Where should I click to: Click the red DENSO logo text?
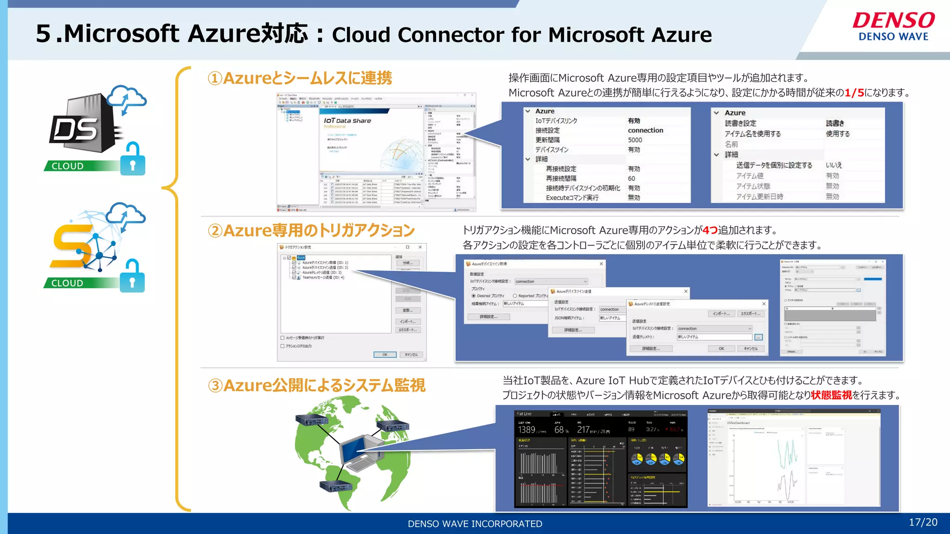[893, 20]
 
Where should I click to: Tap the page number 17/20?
[923, 522]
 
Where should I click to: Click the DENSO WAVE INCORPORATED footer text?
[475, 524]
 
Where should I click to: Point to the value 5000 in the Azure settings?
[635, 140]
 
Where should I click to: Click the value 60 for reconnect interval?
[631, 178]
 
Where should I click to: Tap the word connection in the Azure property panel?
[645, 130]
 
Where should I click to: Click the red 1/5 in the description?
[854, 93]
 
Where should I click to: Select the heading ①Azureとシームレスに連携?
[300, 78]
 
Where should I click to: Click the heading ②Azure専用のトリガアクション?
[311, 230]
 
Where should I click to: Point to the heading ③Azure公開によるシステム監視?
[316, 385]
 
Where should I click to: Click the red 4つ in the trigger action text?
[710, 230]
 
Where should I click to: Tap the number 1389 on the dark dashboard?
[526, 430]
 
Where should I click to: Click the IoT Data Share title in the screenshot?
[347, 121]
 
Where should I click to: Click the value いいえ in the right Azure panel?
[833, 165]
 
